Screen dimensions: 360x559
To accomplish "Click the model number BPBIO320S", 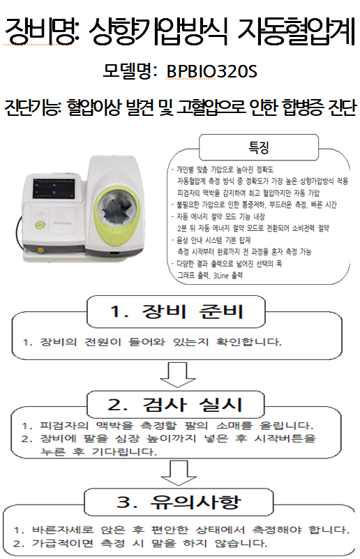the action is click(x=211, y=71).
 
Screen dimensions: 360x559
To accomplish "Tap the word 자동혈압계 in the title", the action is click(x=297, y=32).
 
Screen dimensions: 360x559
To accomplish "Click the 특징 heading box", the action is click(x=258, y=147).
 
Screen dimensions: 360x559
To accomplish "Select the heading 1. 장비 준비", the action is click(x=177, y=311).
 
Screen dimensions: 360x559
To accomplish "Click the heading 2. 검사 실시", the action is click(x=176, y=404).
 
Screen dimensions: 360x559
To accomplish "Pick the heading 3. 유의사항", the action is click(x=179, y=502).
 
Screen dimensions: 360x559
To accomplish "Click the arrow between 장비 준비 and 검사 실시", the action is click(x=177, y=375).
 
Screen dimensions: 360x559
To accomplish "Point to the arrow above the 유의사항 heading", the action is click(x=179, y=472).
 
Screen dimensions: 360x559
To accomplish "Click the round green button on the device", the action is click(x=40, y=225).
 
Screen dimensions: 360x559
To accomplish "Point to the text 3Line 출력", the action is click(x=228, y=275).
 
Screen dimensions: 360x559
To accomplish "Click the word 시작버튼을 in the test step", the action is click(x=285, y=438).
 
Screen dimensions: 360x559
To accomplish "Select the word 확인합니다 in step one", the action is click(x=249, y=342).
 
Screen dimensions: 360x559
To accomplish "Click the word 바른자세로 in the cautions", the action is click(x=63, y=530).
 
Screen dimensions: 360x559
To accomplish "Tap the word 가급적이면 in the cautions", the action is click(x=63, y=543).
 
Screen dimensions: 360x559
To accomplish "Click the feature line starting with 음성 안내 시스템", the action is click(x=211, y=240).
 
